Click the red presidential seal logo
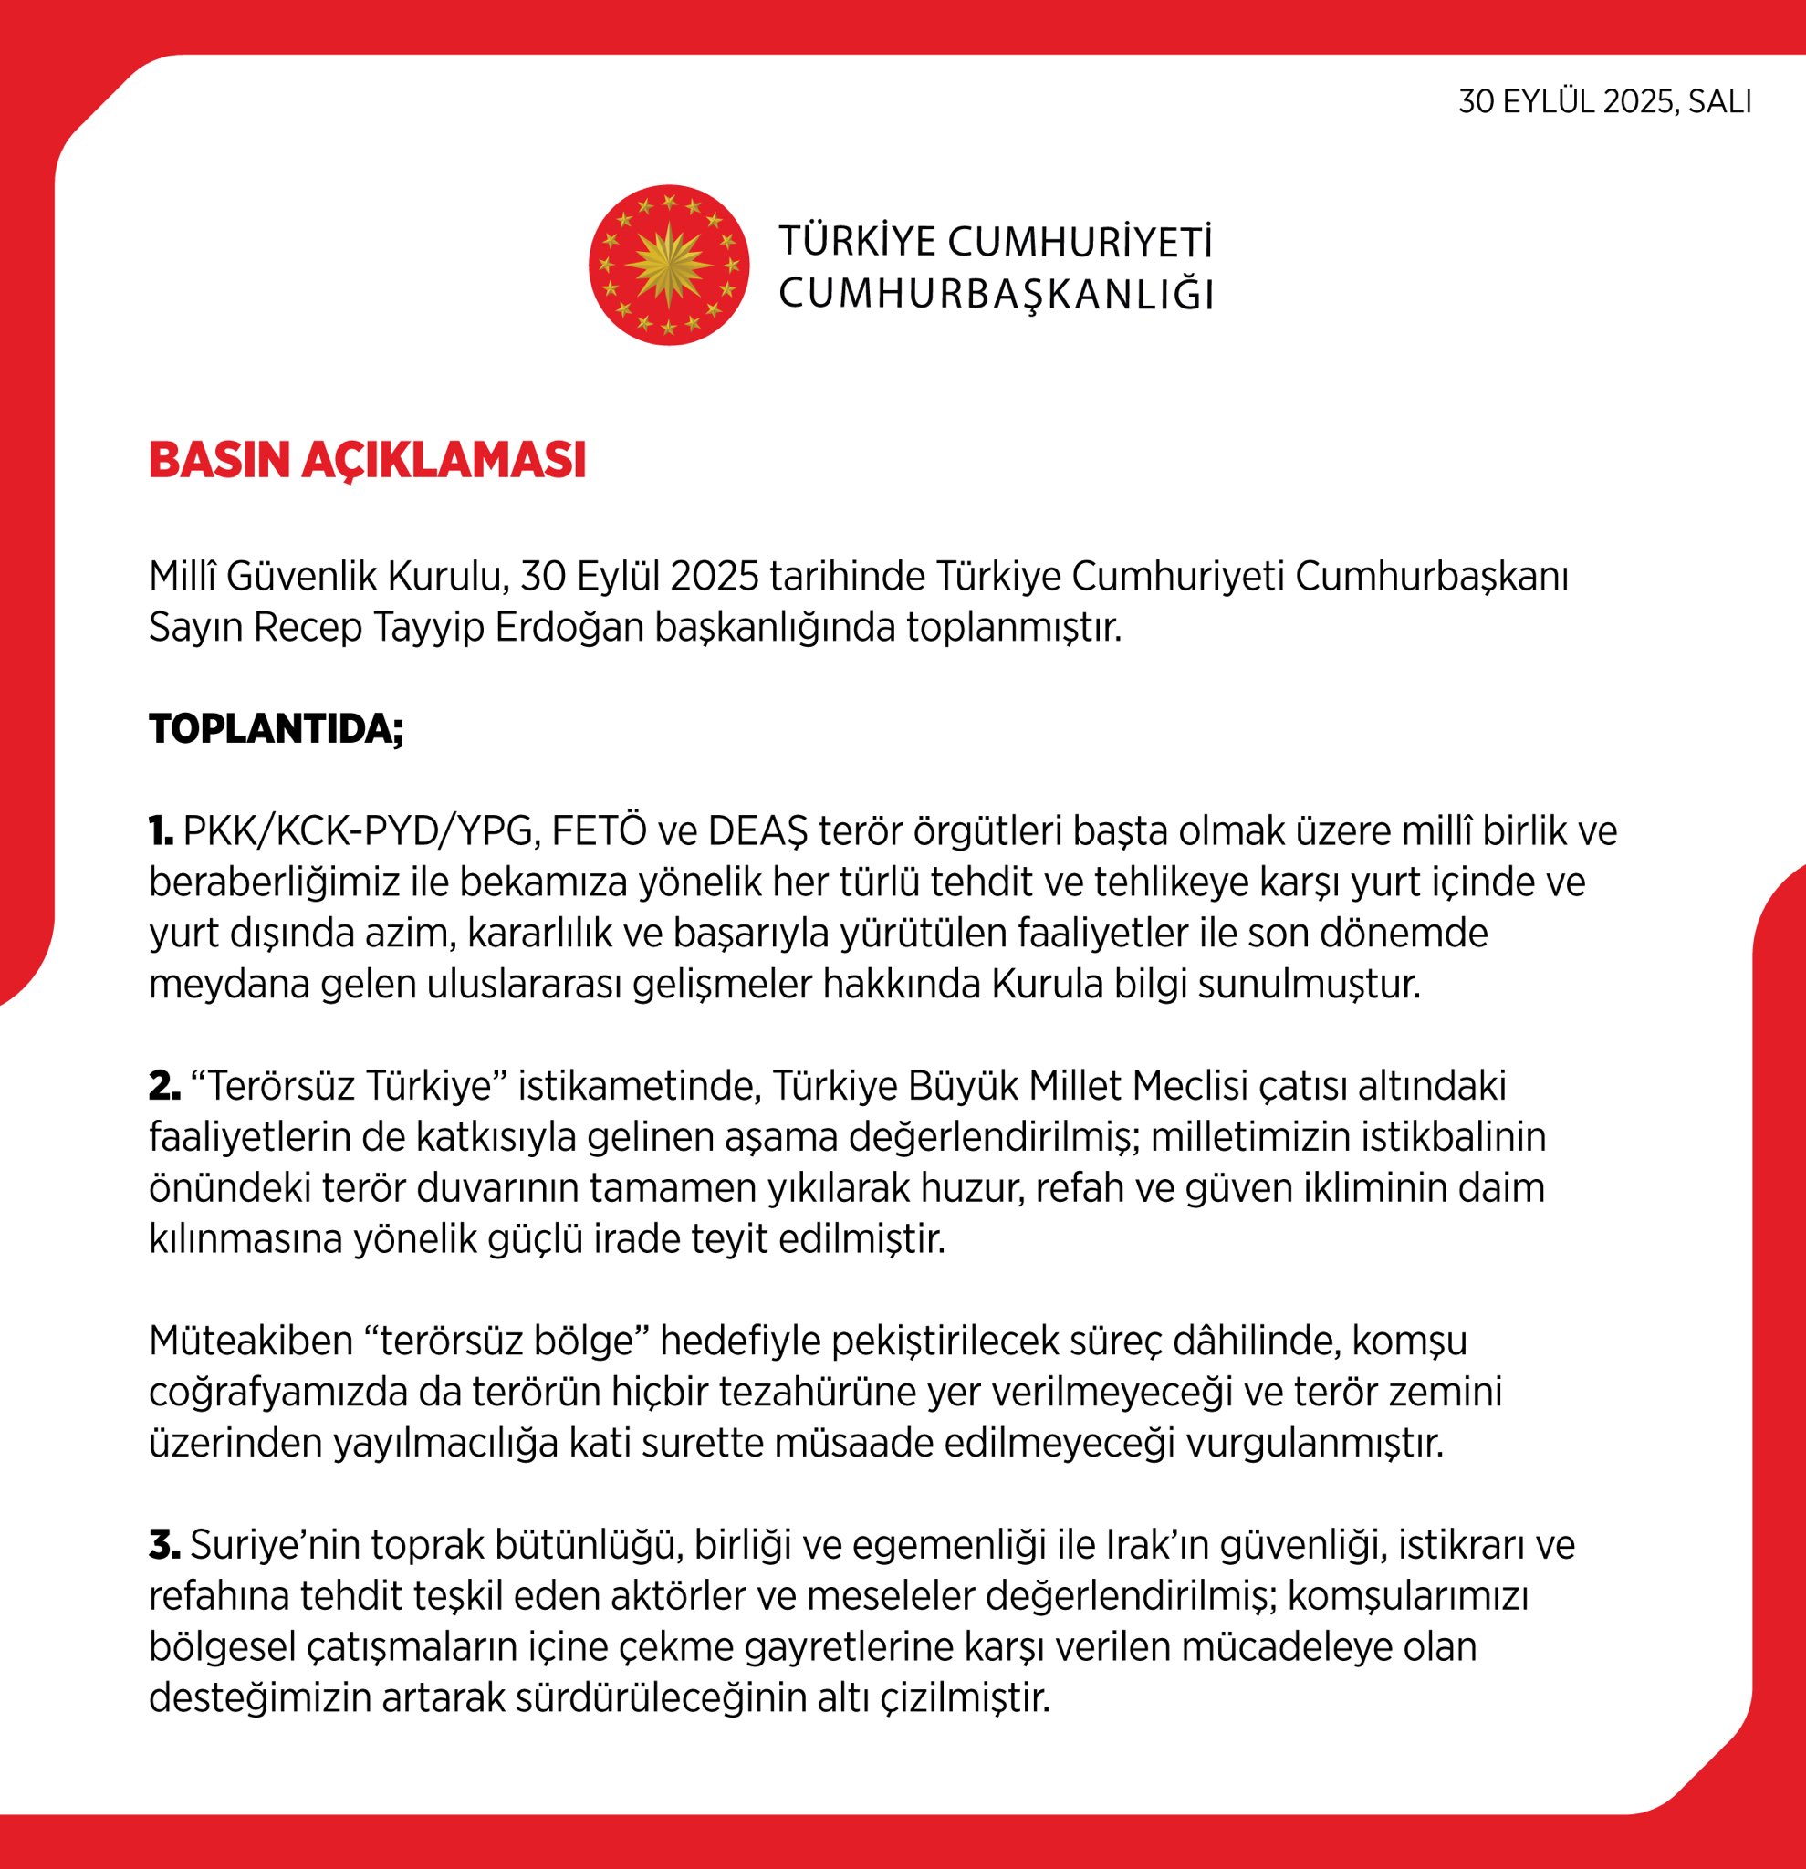668,265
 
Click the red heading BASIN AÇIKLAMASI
367,461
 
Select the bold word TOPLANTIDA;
277,729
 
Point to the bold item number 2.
164,1086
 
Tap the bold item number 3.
164,1545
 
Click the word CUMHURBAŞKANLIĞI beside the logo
996,295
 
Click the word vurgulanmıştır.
1315,1444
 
